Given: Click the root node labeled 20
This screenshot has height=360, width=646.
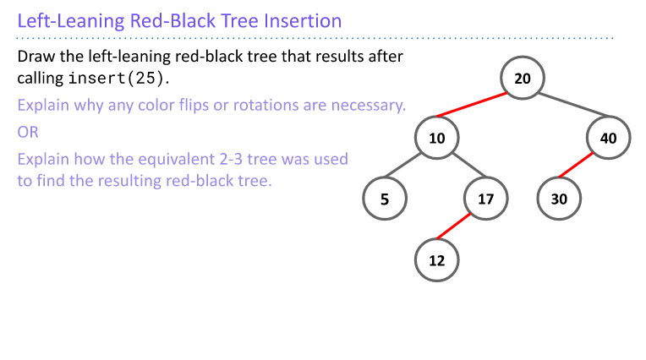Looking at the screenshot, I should click(x=523, y=79).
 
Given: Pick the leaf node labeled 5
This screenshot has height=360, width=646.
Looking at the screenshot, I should click(x=384, y=199).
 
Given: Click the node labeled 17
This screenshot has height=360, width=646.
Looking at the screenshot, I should click(x=485, y=199).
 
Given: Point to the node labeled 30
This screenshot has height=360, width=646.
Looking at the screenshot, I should click(x=559, y=199).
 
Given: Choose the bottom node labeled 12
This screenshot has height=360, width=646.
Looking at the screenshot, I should click(x=436, y=260).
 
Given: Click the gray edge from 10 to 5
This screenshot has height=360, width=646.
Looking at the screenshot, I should click(x=410, y=169).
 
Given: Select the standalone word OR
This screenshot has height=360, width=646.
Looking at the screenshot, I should click(x=28, y=132).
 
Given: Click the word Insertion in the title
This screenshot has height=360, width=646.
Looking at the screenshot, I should click(x=300, y=21).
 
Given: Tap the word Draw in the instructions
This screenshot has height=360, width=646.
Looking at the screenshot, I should click(x=35, y=57).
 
